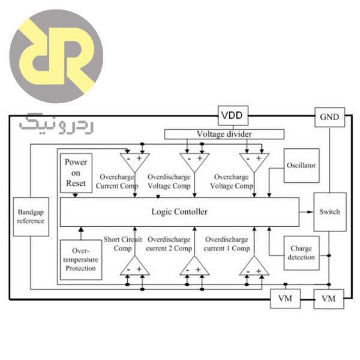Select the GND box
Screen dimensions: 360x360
tap(329, 118)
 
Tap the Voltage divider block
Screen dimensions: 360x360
tap(216, 134)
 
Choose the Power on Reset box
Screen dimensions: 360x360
tap(76, 173)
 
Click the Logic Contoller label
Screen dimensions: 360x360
tap(179, 212)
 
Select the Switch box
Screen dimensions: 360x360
tap(329, 212)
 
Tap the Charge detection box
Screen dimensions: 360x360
tap(302, 253)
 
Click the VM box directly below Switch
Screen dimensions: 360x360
tap(329, 298)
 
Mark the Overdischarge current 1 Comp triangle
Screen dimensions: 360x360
tap(253, 266)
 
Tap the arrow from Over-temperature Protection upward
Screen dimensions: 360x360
tap(80, 233)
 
